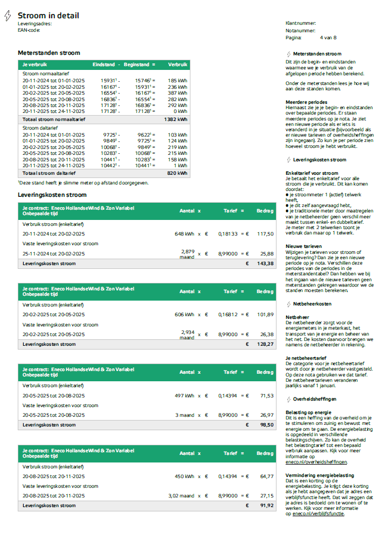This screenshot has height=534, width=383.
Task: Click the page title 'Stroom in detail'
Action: click(48, 16)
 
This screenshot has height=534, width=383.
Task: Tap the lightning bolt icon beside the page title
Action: click(8, 16)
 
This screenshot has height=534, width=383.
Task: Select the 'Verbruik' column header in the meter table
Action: click(178, 64)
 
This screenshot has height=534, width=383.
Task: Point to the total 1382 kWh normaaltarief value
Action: click(175, 119)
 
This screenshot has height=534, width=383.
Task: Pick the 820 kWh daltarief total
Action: click(178, 173)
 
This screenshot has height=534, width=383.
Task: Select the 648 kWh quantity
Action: click(184, 234)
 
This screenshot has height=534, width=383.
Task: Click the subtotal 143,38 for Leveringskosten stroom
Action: click(264, 264)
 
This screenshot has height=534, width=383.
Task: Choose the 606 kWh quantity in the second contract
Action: click(184, 315)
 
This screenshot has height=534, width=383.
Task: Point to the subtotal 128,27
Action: click(264, 344)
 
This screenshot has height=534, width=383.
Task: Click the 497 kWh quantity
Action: click(184, 395)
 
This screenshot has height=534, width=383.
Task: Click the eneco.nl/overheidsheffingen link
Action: click(316, 462)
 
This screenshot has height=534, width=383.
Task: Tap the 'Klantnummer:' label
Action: click(300, 23)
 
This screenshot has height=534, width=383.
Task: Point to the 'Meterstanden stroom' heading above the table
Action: click(49, 53)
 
